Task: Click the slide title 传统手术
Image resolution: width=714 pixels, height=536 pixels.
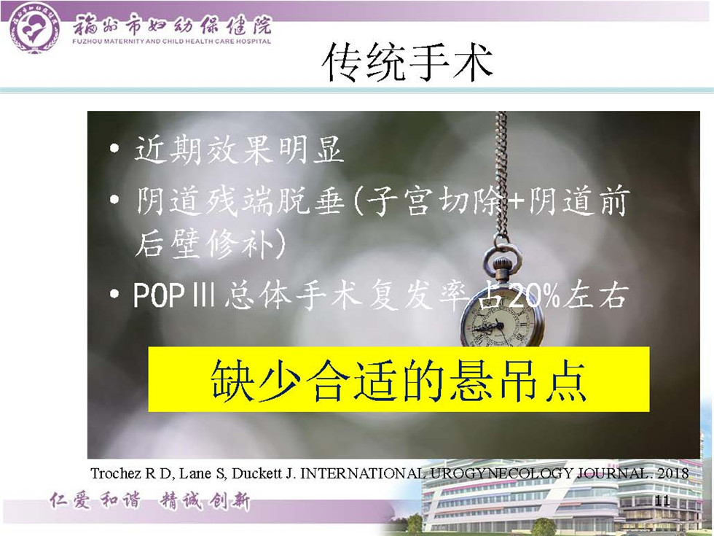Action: click(407, 63)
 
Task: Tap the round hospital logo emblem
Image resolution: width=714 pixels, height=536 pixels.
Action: click(34, 28)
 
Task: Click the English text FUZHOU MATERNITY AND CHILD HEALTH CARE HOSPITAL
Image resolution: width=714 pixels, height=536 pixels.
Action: click(172, 41)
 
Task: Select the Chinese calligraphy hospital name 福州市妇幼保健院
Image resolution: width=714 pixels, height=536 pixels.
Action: click(172, 24)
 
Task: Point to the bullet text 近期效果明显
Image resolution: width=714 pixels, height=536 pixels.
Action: click(238, 149)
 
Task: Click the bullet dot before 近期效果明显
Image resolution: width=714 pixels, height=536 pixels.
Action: click(114, 148)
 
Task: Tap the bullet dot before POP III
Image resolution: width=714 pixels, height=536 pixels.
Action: click(114, 295)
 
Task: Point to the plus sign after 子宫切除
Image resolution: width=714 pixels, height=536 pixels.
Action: click(516, 201)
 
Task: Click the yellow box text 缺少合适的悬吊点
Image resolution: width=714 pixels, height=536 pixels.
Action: click(399, 381)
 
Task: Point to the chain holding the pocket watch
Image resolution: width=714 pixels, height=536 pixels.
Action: click(501, 174)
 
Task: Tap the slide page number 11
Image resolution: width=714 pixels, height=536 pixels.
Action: click(662, 501)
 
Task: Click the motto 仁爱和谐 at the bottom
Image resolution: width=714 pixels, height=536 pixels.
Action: click(95, 500)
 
